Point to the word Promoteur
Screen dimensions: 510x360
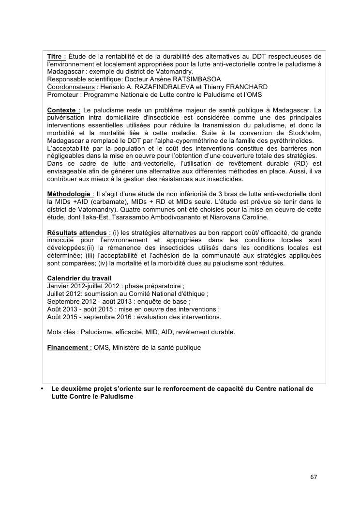63,94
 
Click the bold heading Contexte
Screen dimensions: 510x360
61,110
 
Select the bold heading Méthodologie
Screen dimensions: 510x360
68,194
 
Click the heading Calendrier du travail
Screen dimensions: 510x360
79,278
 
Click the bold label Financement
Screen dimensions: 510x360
67,347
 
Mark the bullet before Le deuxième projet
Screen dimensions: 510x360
42,388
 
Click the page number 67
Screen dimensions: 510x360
314,477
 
